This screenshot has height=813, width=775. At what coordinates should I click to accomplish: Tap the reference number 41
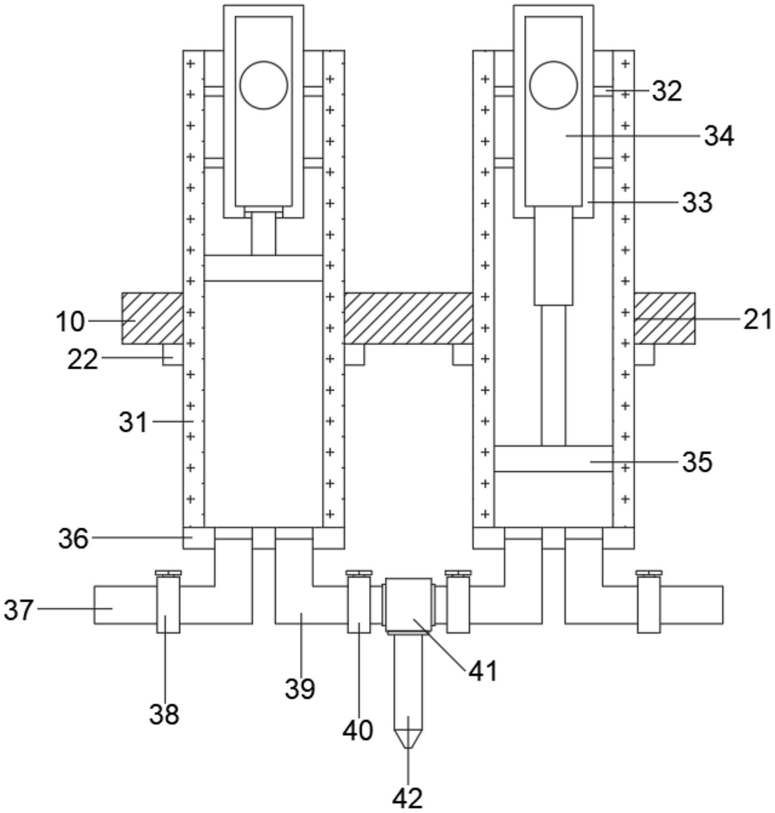click(x=483, y=671)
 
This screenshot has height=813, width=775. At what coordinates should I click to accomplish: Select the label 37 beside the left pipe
click(x=19, y=610)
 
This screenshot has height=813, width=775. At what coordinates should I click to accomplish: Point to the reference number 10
click(x=70, y=322)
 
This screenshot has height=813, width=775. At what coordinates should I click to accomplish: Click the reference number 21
click(x=757, y=319)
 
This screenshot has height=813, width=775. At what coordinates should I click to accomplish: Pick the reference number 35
click(x=697, y=462)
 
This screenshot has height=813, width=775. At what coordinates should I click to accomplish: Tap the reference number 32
click(x=667, y=90)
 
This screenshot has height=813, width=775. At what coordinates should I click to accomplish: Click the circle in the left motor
click(x=264, y=85)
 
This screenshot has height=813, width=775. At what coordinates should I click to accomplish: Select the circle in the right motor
click(x=553, y=85)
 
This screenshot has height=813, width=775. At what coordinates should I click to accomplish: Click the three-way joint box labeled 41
click(x=408, y=604)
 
